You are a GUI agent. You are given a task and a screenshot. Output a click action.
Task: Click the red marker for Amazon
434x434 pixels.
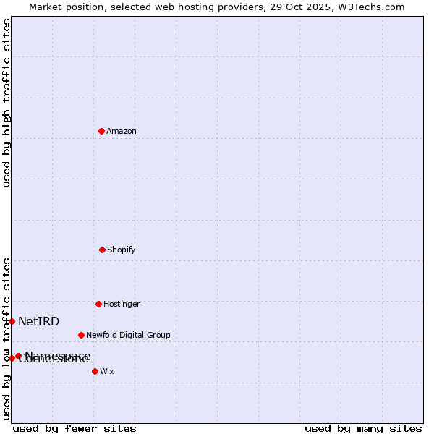101,131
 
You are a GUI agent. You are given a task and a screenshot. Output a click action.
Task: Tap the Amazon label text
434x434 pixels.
122,132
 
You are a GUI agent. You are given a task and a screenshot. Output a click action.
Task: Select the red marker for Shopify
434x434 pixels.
102,250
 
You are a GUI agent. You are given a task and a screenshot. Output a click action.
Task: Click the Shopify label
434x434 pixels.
122,250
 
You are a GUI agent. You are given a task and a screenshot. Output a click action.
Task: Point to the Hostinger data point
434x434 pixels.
98,304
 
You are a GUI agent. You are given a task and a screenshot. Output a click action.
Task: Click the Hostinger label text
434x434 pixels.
122,305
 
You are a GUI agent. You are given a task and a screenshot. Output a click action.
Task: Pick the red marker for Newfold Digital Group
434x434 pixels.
81,335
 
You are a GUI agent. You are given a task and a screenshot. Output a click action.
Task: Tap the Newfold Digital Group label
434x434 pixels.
128,336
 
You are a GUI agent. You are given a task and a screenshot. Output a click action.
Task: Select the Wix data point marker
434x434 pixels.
95,371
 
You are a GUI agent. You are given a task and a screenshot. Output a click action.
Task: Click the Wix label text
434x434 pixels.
107,372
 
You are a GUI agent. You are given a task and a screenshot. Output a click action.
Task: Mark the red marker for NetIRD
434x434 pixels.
12,321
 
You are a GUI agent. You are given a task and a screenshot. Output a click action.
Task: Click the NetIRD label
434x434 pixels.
39,322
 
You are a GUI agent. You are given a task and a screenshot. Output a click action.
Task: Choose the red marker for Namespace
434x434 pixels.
19,356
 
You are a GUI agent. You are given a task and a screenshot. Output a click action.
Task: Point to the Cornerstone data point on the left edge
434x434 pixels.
12,358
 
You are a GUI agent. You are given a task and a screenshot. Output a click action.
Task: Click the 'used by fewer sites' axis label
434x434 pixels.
75,429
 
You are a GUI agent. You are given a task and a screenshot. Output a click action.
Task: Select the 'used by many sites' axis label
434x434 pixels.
363,429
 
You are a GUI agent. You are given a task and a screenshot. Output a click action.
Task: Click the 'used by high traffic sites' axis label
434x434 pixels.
7,103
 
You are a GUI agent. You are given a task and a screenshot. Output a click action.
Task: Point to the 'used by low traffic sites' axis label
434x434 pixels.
7,339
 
